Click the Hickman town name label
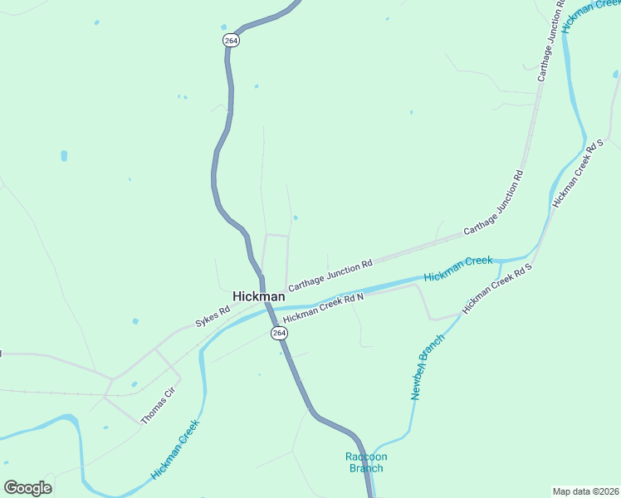[x=258, y=296]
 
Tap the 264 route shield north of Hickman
[x=232, y=40]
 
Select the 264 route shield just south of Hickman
[x=279, y=332]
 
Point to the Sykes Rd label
[x=213, y=316]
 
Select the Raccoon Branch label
[x=366, y=462]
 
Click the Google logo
[x=27, y=487]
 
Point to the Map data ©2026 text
[x=585, y=491]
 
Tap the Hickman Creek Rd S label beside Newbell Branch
[x=496, y=290]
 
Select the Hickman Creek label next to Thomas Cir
[x=175, y=450]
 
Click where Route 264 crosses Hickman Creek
[x=269, y=307]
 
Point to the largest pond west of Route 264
[x=64, y=155]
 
